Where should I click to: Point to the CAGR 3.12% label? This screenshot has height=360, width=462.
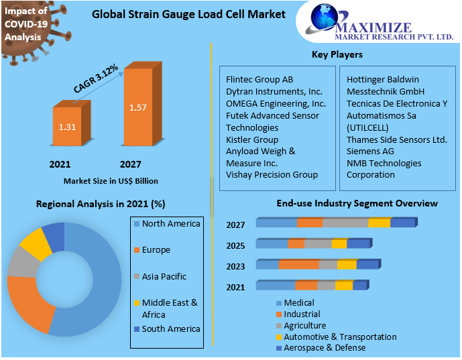pos(96,78)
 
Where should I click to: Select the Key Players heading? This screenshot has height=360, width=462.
pos(337,54)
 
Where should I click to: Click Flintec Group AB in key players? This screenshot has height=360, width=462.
pos(259,79)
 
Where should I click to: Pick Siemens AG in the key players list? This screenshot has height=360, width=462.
pos(370,152)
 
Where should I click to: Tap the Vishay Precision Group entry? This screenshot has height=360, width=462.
pos(272,175)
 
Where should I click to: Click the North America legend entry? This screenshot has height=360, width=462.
pos(171,223)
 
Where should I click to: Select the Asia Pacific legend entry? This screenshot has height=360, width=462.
pos(164,276)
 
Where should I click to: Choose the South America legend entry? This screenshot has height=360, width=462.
pos(171,328)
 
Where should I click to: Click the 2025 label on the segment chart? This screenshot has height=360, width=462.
pos(235,245)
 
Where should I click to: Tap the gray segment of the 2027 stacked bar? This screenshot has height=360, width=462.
pos(345,223)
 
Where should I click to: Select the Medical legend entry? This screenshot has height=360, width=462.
pos(298,303)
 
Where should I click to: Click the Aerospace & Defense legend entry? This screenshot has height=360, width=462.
pos(325,347)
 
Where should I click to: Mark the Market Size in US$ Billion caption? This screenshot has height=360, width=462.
pos(111,181)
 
